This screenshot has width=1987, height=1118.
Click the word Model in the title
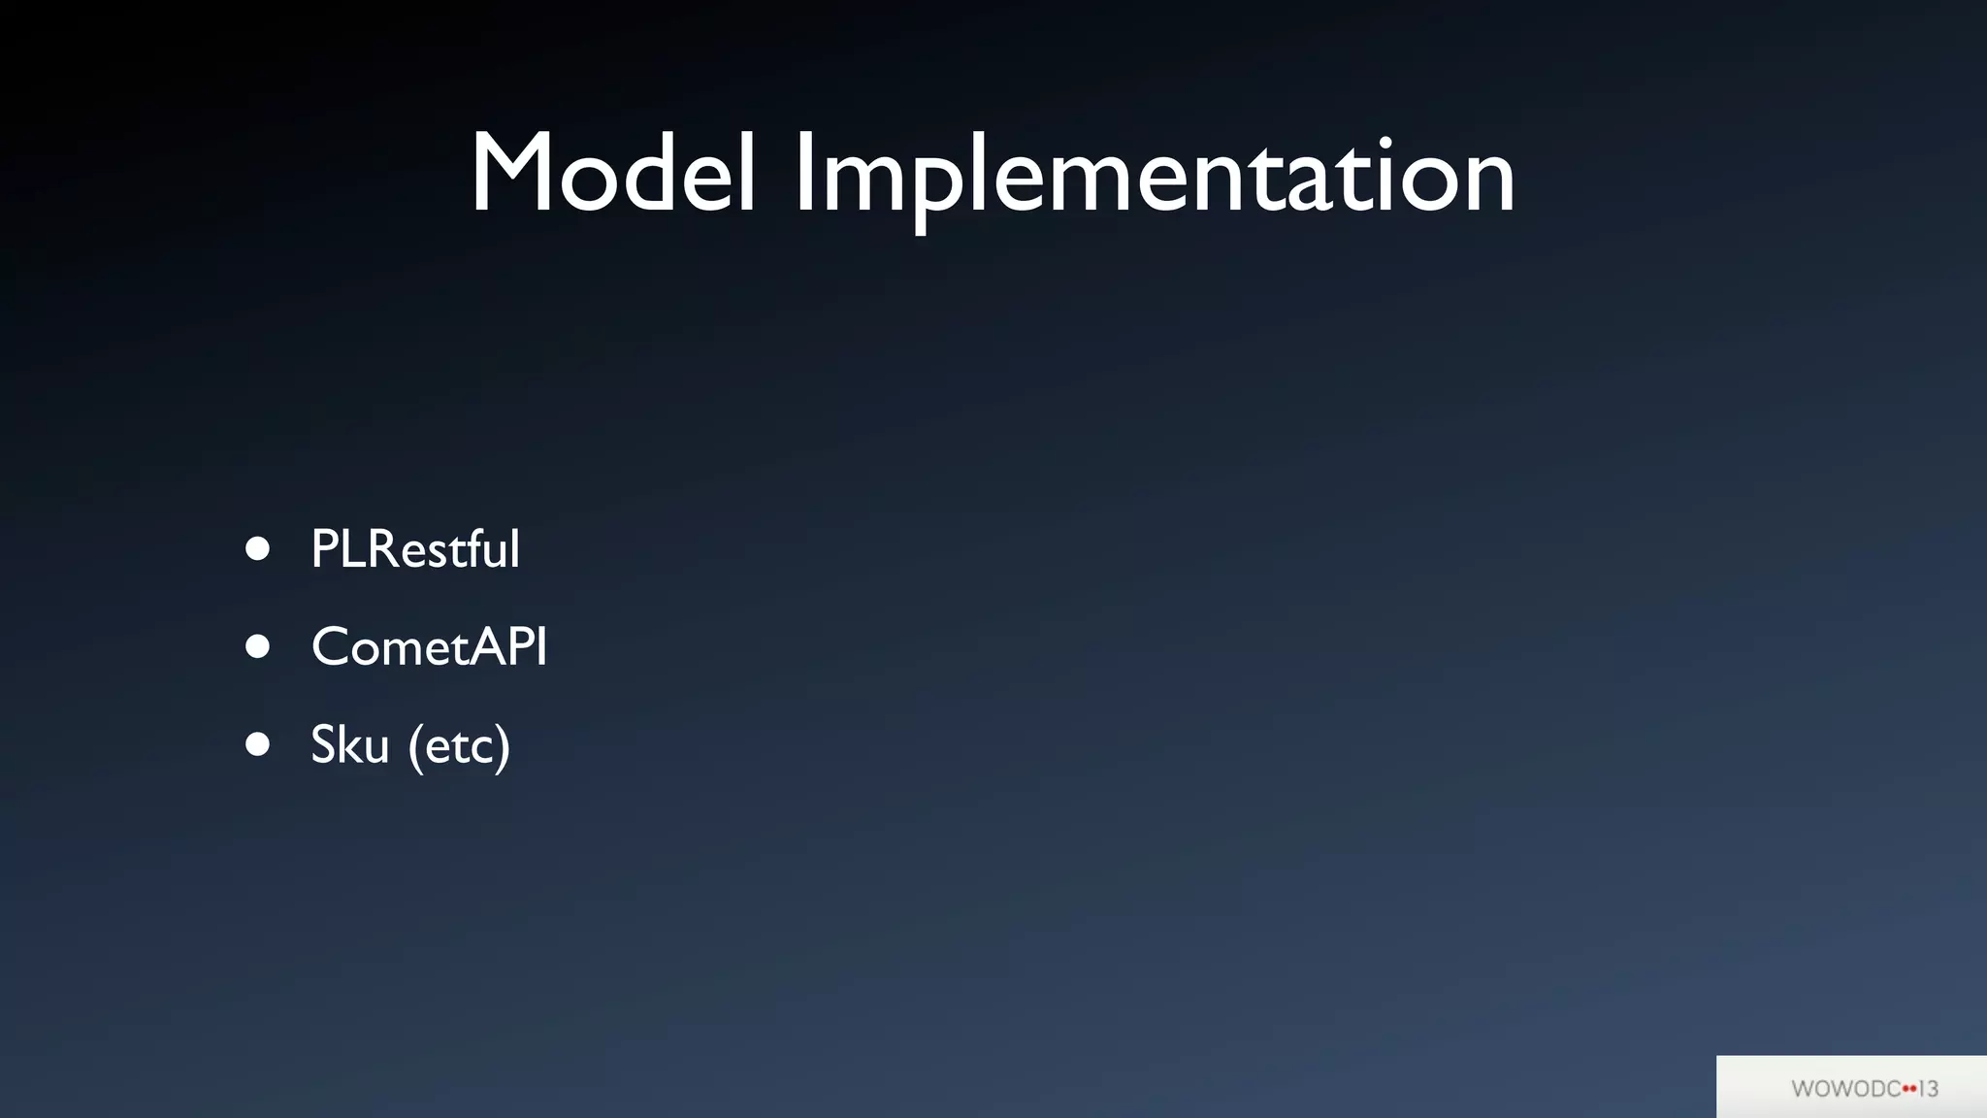coord(612,175)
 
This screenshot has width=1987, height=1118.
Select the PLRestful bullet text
coord(415,549)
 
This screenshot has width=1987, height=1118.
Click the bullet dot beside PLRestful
coord(257,549)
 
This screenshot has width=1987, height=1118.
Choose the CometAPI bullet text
coord(429,646)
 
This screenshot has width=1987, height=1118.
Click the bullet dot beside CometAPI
coord(257,646)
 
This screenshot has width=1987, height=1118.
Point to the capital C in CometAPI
coord(331,647)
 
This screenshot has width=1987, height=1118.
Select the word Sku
coord(349,744)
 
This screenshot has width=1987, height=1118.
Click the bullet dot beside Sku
coord(257,744)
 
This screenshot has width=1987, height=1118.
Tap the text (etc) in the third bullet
coord(459,746)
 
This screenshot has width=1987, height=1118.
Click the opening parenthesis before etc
coord(415,746)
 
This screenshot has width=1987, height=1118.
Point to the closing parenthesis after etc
coord(503,746)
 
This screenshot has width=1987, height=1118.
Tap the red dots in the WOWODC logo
coord(1908,1089)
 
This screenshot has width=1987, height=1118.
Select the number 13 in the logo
coord(1928,1089)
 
